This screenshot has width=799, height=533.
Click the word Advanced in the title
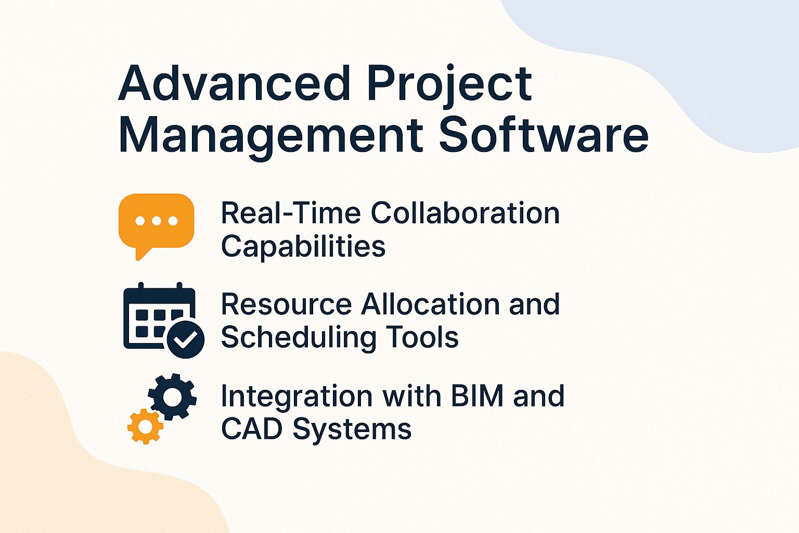[x=234, y=83]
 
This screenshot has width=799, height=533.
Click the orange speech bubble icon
[x=156, y=221]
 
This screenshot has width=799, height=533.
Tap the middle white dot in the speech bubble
[x=156, y=221]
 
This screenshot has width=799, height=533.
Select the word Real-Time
[x=291, y=213]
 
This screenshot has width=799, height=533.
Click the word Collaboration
[x=465, y=213]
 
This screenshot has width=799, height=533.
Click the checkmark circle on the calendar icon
[x=185, y=339]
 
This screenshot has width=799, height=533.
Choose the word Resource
[x=286, y=304]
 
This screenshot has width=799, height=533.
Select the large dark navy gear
[x=173, y=397]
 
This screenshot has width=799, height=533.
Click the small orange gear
[x=145, y=426]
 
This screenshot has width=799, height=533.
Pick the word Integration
[x=298, y=397]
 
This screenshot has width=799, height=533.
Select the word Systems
[x=352, y=430]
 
